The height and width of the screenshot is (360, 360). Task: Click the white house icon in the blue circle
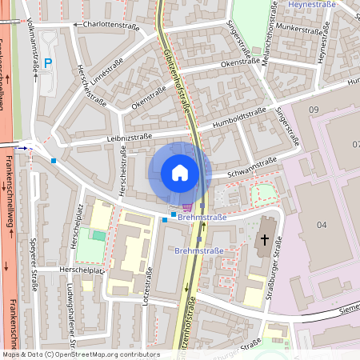[x=179, y=173]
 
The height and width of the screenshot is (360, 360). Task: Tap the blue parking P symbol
[x=47, y=62]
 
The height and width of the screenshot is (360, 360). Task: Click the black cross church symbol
[x=265, y=240]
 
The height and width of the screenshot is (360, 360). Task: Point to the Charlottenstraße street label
[x=110, y=26]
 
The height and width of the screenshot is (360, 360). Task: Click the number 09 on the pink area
[x=313, y=109]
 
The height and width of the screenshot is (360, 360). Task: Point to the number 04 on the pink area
[x=322, y=226]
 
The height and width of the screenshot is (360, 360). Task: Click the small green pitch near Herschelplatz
[x=98, y=235]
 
